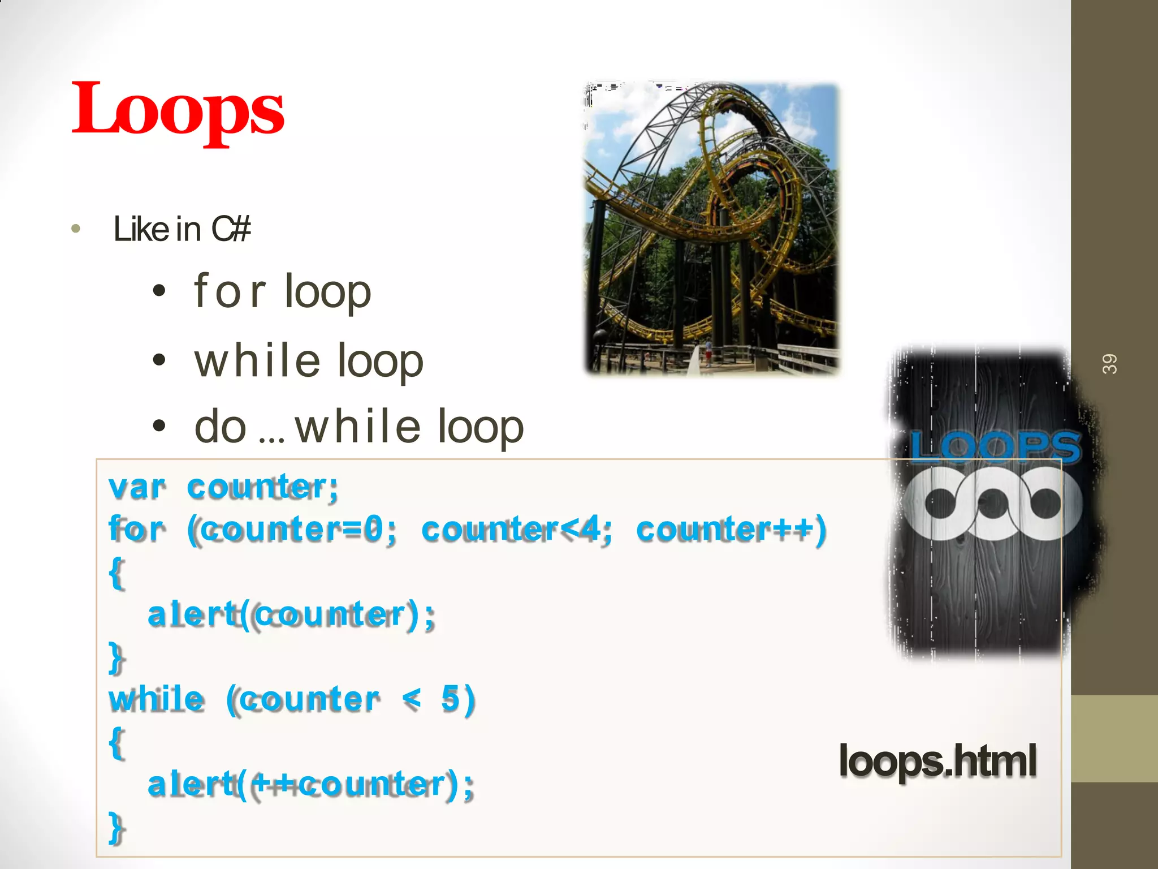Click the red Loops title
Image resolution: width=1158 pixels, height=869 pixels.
pyautogui.click(x=178, y=109)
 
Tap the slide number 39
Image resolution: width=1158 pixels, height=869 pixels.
pyautogui.click(x=1109, y=364)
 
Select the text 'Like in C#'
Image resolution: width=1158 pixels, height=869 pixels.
pyautogui.click(x=182, y=229)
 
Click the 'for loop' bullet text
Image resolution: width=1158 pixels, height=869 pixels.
pyautogui.click(x=282, y=292)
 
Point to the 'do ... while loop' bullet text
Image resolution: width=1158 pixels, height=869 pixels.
pyautogui.click(x=358, y=427)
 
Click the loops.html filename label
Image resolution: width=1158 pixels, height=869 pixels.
pyautogui.click(x=937, y=761)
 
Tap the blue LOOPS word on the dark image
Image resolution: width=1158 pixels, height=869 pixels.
pyautogui.click(x=995, y=446)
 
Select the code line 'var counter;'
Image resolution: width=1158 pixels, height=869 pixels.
pyautogui.click(x=223, y=487)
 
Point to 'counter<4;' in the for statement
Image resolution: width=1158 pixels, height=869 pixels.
pyautogui.click(x=516, y=530)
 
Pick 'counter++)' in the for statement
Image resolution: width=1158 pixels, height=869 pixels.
pyautogui.click(x=731, y=530)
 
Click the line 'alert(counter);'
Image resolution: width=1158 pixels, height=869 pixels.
pyautogui.click(x=291, y=615)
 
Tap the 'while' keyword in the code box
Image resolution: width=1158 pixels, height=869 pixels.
pyautogui.click(x=157, y=699)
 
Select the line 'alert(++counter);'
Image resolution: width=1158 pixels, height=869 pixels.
pyautogui.click(x=310, y=785)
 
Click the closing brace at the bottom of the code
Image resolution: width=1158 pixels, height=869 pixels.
pyautogui.click(x=116, y=827)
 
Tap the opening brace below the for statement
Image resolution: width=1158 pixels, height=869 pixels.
pyautogui.click(x=116, y=573)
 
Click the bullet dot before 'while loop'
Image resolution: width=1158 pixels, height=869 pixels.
pyautogui.click(x=160, y=360)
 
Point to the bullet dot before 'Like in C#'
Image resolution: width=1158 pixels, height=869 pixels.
pyautogui.click(x=76, y=230)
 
